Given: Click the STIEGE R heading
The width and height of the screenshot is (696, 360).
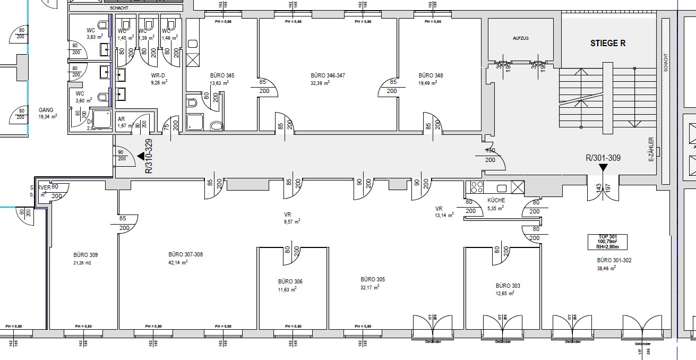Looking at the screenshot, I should point(608,44).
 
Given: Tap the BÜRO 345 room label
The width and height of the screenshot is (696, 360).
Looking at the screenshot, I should point(222,76).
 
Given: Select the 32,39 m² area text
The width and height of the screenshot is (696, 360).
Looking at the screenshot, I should point(328,83).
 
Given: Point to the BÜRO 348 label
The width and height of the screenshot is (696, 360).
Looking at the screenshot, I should point(431,76).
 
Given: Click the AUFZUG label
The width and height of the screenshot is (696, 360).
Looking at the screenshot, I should point(521,39).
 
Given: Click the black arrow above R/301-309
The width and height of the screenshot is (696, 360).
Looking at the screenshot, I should point(603,167).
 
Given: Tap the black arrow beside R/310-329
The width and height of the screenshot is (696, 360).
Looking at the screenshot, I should point(141,156).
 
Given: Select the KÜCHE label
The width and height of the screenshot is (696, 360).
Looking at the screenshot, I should point(496,201).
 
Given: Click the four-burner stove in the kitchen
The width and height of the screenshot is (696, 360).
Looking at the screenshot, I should point(476,187).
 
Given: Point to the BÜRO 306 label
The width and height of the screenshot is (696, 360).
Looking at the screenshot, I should point(290,281).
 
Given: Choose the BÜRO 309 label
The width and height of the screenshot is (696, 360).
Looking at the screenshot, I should point(85,255).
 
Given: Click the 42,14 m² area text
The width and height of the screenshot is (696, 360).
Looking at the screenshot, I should point(178,262).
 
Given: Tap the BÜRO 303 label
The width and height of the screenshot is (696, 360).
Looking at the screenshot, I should point(508,286).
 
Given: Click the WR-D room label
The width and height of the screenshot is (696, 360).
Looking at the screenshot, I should point(159,75).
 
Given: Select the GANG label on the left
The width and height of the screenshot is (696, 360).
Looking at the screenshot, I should point(46,110).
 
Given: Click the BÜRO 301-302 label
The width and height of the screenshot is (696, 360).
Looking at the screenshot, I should point(614,261).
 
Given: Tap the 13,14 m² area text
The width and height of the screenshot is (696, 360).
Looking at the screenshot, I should point(444,216).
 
